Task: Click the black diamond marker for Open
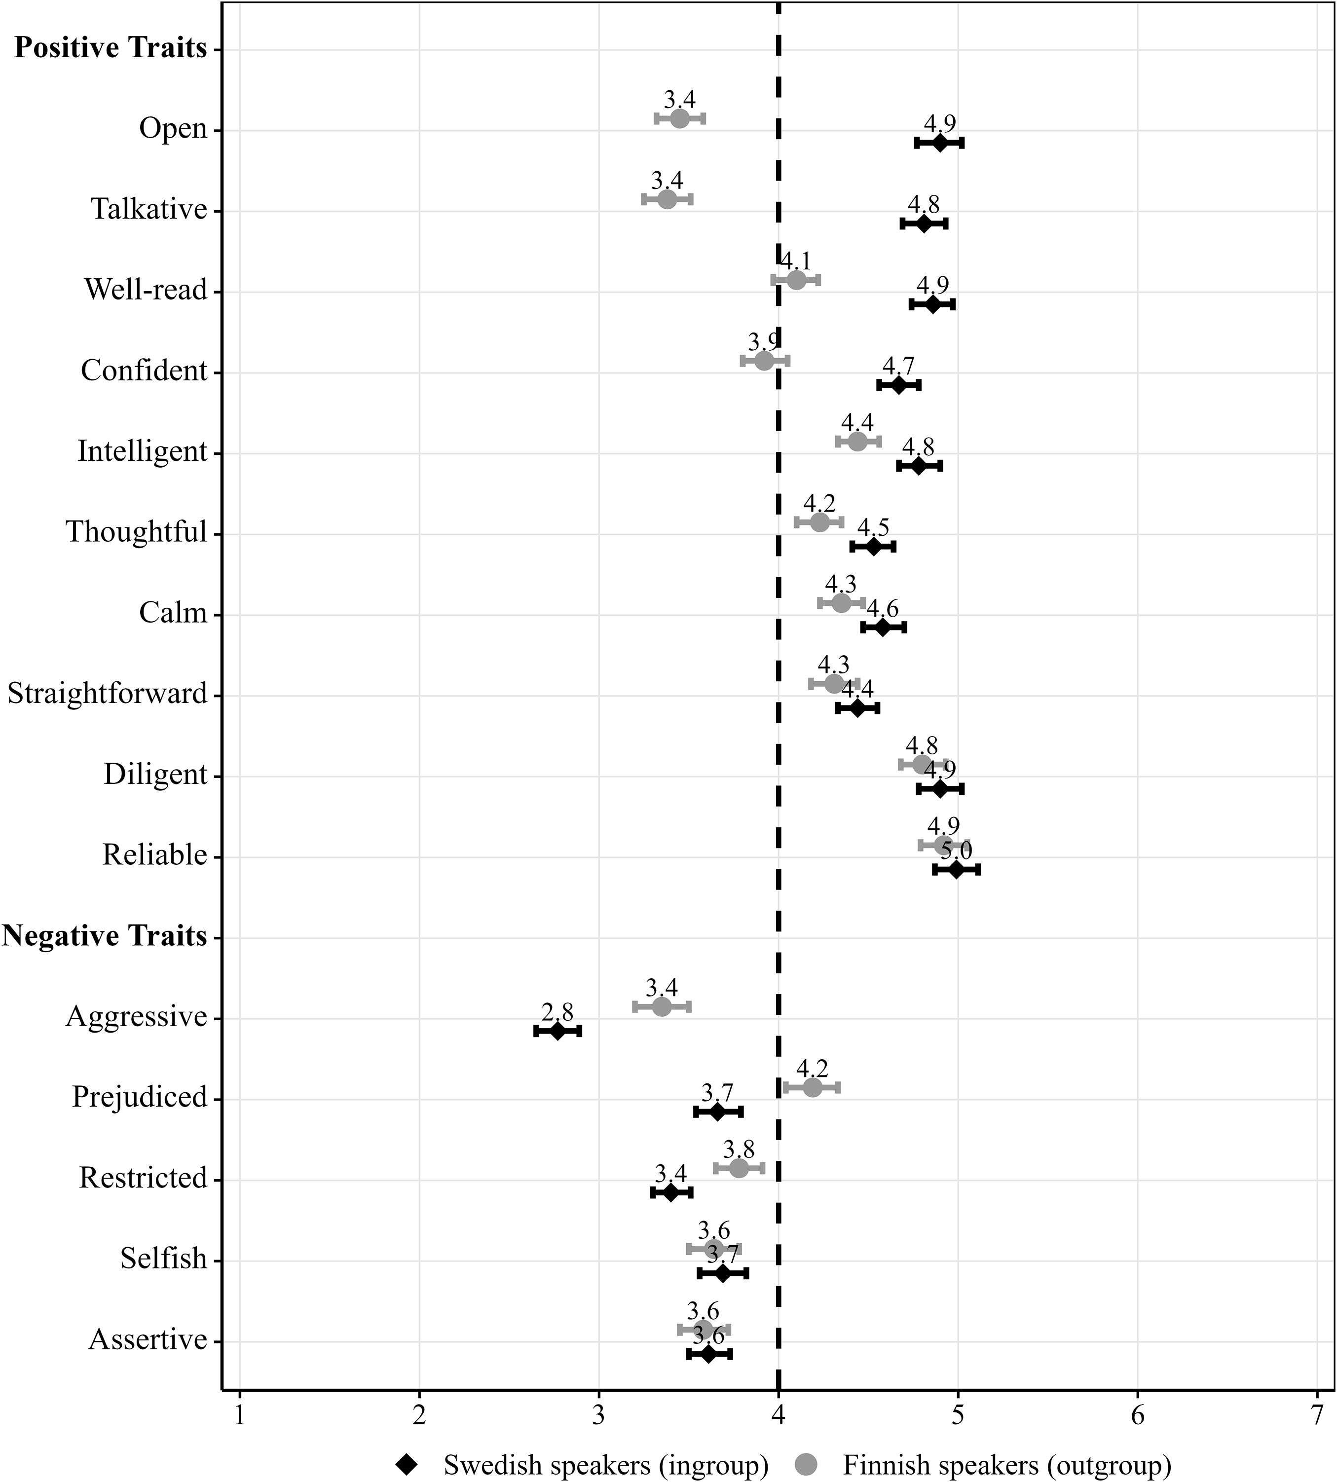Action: click(x=939, y=143)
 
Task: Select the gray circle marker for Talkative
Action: click(x=667, y=199)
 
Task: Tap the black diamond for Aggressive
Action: click(x=557, y=1031)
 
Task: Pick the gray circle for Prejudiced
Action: click(x=812, y=1088)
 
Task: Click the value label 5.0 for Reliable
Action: click(x=957, y=851)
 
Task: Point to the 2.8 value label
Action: click(x=557, y=1012)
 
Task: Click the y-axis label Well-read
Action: click(x=146, y=290)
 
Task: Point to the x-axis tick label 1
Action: click(x=239, y=1414)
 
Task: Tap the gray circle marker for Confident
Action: click(x=764, y=361)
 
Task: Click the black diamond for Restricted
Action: click(x=670, y=1192)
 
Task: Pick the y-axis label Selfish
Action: click(x=164, y=1259)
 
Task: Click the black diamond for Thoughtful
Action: click(x=873, y=547)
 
